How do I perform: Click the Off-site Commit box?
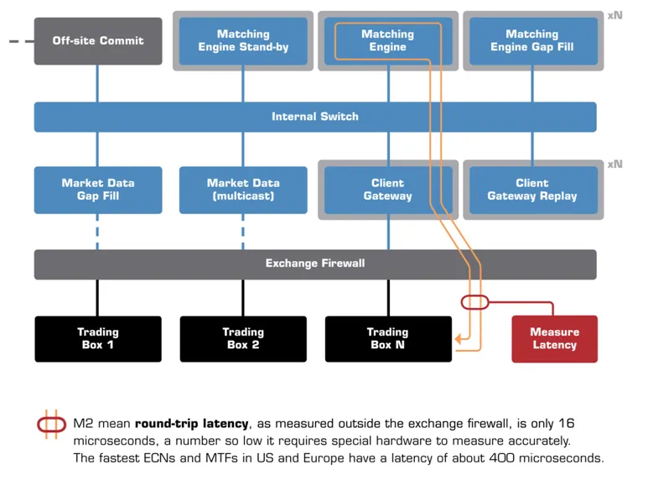(x=98, y=41)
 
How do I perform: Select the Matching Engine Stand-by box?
(x=243, y=41)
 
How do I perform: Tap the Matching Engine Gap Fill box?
(x=533, y=41)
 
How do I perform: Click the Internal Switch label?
(x=315, y=117)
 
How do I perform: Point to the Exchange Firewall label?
(x=315, y=263)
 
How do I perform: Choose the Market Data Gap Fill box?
(x=98, y=190)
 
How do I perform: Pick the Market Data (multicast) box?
(x=243, y=190)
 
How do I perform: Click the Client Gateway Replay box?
(x=533, y=190)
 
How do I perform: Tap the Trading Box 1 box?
(x=98, y=339)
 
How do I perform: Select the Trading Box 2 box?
(x=243, y=339)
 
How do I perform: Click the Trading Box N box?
(x=388, y=339)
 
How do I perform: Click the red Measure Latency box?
(x=555, y=339)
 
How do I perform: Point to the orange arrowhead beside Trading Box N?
(x=458, y=339)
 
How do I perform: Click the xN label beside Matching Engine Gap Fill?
(x=614, y=16)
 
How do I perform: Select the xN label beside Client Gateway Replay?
(x=614, y=164)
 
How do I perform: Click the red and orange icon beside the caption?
(x=52, y=425)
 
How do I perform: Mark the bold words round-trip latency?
(x=192, y=424)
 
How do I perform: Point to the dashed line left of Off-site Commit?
(x=22, y=41)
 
